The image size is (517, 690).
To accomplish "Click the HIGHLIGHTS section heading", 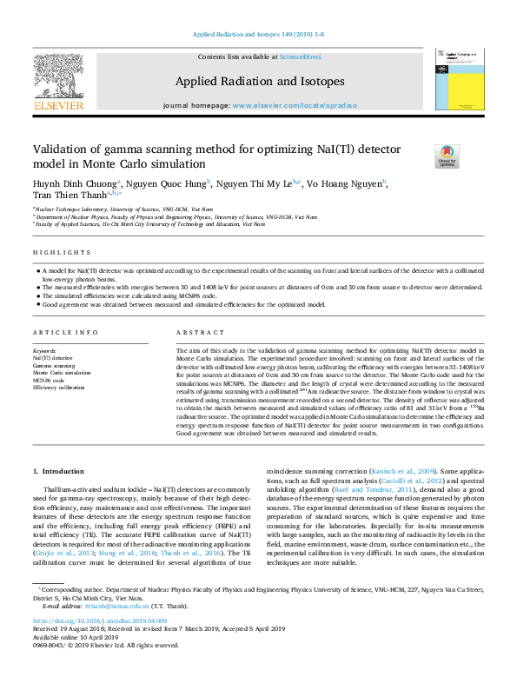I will pos(56,253).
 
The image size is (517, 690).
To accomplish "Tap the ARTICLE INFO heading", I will pos(59,333).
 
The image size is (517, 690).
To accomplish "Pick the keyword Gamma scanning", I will pos(54,366).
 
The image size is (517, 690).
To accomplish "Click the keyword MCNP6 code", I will pos(50,380).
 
